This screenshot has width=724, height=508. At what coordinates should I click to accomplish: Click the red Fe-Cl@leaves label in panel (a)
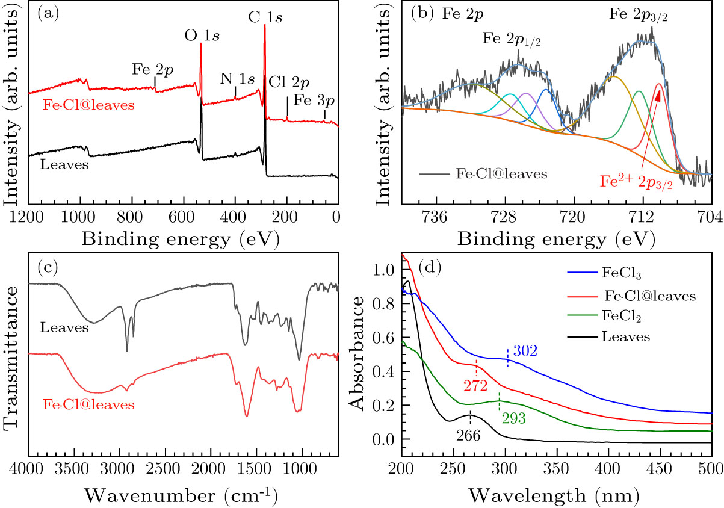click(x=88, y=105)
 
